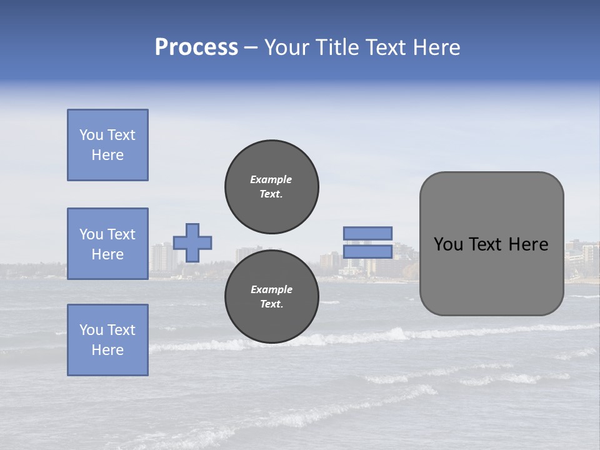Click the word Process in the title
tap(196, 47)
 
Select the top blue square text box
tap(107, 145)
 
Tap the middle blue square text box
tap(107, 244)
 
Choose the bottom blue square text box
tap(107, 340)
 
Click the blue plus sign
tap(192, 242)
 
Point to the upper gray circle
tap(272, 186)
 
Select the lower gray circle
tap(272, 297)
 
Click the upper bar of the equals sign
tap(367, 233)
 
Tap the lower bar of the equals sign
tap(367, 251)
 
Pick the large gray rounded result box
tap(491, 275)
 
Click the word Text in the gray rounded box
tap(489, 244)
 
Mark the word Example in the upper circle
tap(271, 179)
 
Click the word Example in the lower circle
tap(271, 289)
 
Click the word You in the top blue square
tap(91, 135)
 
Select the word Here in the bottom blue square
tap(107, 350)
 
